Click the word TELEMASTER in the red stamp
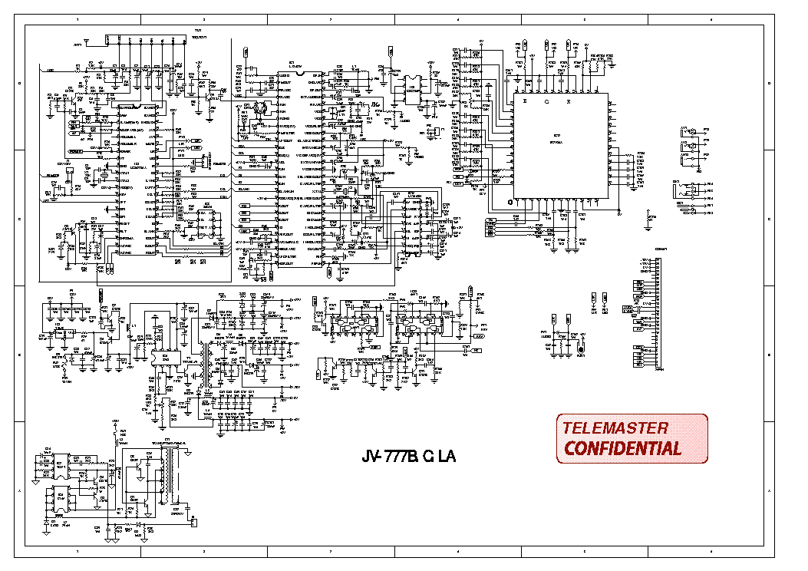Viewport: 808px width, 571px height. (615, 428)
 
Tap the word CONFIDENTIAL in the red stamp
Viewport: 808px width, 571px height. (622, 449)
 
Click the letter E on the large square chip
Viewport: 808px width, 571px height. (526, 101)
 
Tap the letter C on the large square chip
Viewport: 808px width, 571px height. (547, 101)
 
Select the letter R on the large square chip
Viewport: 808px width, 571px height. (569, 101)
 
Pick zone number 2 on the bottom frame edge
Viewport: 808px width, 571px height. (203, 552)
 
